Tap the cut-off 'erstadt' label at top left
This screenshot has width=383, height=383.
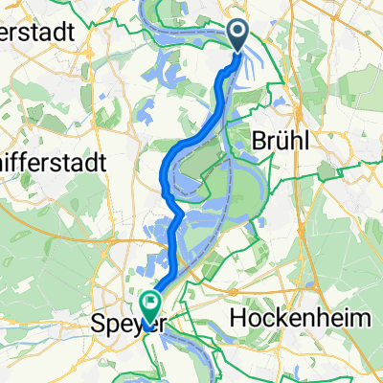pos(36,30)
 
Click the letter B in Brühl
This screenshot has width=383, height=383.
pos(257,140)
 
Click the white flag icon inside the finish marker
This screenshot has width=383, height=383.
pos(150,303)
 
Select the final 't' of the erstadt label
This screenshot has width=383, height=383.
pos(71,30)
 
